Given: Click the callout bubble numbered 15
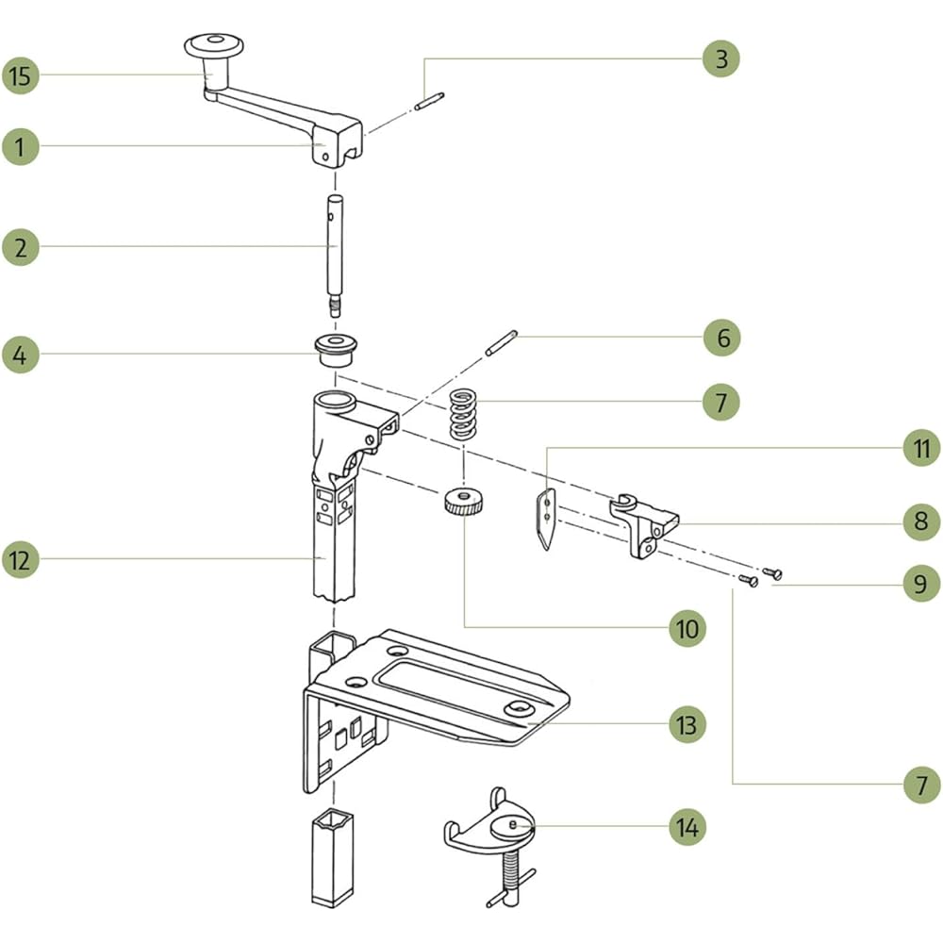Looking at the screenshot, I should point(21,76).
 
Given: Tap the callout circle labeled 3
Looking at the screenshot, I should point(721,58).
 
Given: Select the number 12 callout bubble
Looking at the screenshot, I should point(21,559).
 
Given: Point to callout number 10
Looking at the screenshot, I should point(687,627).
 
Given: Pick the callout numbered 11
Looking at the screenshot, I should point(921,450).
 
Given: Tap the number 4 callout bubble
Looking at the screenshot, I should point(21,356).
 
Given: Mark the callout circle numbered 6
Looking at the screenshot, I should point(723,338).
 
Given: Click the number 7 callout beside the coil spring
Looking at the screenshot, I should point(721,402).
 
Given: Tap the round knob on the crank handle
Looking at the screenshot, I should point(213,44).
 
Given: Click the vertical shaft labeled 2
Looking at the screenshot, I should point(336,255).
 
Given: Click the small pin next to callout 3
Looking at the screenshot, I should point(429,98).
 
